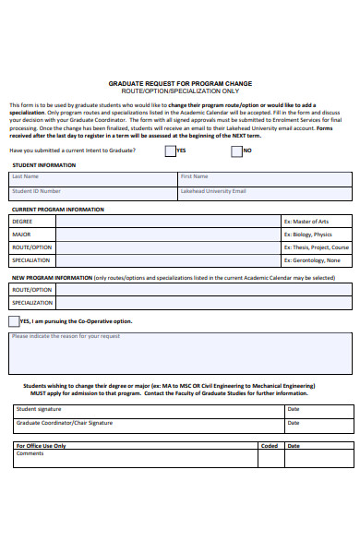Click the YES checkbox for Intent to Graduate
tap(170, 151)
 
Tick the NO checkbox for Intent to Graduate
tap(237, 151)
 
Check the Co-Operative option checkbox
tap(13, 321)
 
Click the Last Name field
tap(92, 179)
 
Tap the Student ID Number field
tap(92, 194)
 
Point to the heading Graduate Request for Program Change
tap(180, 84)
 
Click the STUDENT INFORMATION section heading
tap(44, 165)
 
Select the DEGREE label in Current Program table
tap(22, 222)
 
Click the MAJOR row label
tap(22, 235)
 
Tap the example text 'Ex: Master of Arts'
tap(306, 222)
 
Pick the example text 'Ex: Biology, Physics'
tap(307, 235)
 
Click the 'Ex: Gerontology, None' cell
tap(312, 260)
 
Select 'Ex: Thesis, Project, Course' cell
tap(317, 247)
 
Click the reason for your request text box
tap(180, 352)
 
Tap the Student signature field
tap(148, 409)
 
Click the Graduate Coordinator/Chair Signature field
tap(148, 424)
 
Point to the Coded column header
tap(270, 445)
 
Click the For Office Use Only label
tap(42, 445)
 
